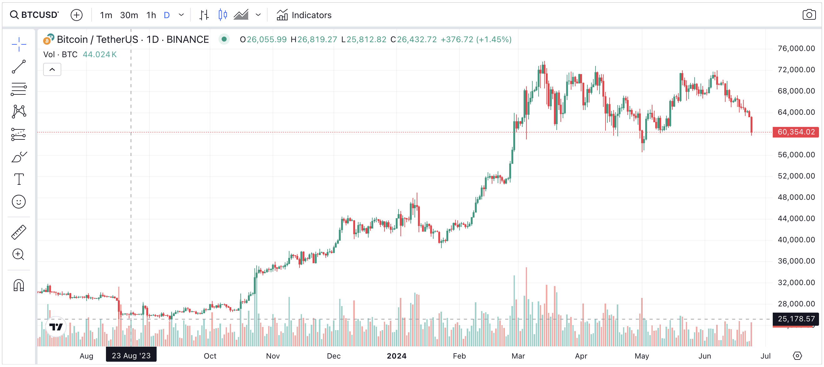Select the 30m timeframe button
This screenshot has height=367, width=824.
click(129, 15)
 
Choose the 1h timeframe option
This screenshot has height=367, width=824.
click(151, 15)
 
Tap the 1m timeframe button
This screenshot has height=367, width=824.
click(106, 15)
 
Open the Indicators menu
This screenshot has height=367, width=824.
click(304, 15)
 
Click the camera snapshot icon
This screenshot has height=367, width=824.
click(809, 15)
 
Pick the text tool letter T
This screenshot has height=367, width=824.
click(19, 179)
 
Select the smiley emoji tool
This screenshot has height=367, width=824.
click(19, 202)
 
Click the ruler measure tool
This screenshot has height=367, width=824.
click(19, 232)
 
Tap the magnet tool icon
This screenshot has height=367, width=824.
click(19, 285)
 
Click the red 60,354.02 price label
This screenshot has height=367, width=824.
click(796, 132)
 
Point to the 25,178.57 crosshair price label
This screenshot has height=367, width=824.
click(796, 319)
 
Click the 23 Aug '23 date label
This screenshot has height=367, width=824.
click(131, 355)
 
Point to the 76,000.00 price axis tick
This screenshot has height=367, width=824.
click(796, 48)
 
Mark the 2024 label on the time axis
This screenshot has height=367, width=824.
click(396, 356)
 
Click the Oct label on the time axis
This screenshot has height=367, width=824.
click(210, 356)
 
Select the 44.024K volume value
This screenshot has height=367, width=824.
click(99, 55)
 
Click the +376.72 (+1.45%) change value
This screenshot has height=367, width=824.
click(476, 39)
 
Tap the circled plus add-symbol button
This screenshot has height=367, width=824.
click(77, 15)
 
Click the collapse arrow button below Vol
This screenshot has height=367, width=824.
click(52, 69)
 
